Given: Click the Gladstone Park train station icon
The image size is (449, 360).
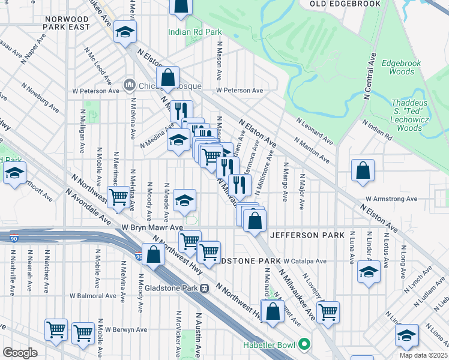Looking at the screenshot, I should (205, 287).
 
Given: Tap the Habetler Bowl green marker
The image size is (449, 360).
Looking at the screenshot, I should (304, 344).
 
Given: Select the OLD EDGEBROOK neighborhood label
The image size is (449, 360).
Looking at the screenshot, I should (345, 4).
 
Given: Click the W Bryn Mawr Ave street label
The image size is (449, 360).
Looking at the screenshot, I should (152, 228).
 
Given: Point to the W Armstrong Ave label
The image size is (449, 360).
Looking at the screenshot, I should (391, 199).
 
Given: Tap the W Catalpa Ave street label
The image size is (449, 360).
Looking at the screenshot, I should (305, 262).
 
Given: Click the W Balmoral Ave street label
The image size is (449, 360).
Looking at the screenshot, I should (92, 296).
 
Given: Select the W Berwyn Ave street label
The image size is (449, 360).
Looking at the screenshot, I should (126, 329).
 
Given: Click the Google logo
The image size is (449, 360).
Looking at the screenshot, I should (20, 353).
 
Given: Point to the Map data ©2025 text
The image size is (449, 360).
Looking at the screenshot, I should (423, 355).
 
